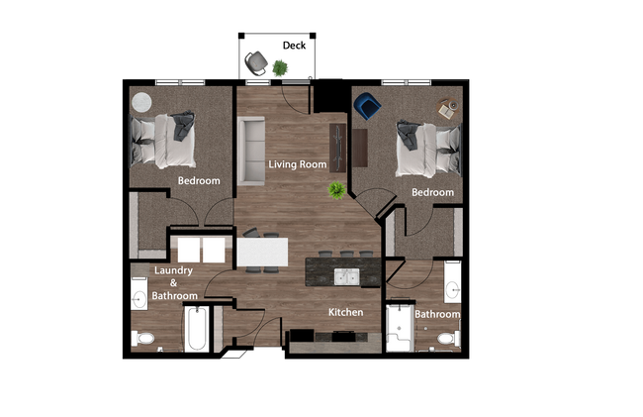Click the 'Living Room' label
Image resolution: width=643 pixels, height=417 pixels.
coord(298,163)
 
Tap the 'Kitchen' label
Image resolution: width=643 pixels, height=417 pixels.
coord(346,312)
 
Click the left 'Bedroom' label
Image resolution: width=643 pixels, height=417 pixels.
coord(198,181)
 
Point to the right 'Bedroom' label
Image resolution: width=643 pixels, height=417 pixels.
coord(432,192)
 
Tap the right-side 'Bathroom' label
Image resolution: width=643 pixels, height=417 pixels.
coord(437,315)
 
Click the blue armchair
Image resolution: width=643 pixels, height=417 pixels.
coord(367,105)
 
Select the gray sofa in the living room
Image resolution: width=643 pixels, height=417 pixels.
coord(251,150)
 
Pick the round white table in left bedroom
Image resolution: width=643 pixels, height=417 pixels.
coord(142,101)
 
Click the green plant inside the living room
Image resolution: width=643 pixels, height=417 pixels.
coord(337,189)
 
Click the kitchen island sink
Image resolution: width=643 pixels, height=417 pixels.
coord(346,274)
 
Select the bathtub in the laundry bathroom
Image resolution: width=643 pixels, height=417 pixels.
coord(196,329)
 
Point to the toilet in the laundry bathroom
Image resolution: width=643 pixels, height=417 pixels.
coord(144,338)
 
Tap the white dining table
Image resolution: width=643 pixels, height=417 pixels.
coord(262,252)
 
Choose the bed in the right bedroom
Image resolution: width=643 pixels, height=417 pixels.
coord(426,147)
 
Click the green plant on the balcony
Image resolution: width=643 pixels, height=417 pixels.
coord(281,67)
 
